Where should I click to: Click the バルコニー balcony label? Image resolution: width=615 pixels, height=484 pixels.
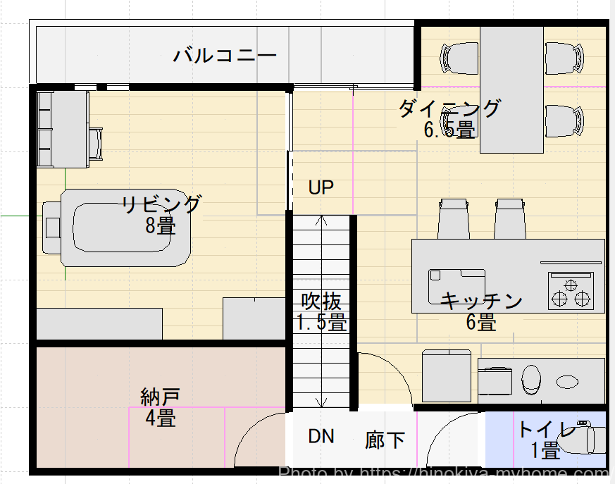pyautogui.click(x=225, y=55)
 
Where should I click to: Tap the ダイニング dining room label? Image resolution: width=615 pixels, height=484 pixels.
pyautogui.click(x=449, y=108)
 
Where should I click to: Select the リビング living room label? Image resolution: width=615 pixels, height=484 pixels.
pyautogui.click(x=161, y=205)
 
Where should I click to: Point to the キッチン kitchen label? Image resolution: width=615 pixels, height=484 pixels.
pyautogui.click(x=481, y=302)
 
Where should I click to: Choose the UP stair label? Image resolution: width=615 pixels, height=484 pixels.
pyautogui.click(x=321, y=187)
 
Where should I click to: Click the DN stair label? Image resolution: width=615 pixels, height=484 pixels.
pyautogui.click(x=321, y=437)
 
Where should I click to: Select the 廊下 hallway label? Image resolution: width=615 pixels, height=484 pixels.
pyautogui.click(x=385, y=440)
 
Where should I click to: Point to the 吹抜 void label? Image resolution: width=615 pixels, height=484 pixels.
pyautogui.click(x=321, y=302)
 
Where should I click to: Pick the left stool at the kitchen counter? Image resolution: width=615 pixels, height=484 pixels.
pyautogui.click(x=454, y=219)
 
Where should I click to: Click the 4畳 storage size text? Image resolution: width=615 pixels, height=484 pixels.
pyautogui.click(x=161, y=418)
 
